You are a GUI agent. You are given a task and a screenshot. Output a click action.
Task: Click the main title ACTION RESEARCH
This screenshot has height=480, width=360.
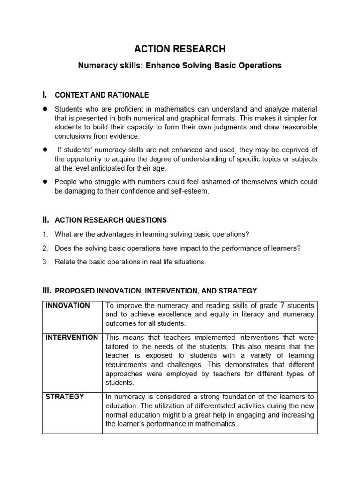(180, 49)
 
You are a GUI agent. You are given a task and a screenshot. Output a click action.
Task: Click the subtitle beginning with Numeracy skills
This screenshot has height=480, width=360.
(180, 66)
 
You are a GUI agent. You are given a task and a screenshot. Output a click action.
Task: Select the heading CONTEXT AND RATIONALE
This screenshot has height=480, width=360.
(102, 95)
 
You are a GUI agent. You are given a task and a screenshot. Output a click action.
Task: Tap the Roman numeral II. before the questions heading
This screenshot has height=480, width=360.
(45, 219)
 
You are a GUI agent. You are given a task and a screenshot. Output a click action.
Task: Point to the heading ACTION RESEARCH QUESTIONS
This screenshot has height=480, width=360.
(111, 220)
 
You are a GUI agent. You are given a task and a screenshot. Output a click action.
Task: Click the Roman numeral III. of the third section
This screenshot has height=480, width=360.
(46, 291)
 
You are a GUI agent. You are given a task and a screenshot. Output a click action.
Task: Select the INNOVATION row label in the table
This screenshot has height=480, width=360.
(67, 306)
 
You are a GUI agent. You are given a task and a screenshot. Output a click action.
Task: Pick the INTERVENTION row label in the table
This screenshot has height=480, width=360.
(72, 337)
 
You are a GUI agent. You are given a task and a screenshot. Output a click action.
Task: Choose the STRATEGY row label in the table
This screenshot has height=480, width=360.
(65, 397)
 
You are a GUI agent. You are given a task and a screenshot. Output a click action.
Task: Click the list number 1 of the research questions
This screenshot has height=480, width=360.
(45, 234)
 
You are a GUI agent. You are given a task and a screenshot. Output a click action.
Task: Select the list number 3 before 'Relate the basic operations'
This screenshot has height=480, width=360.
(45, 262)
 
